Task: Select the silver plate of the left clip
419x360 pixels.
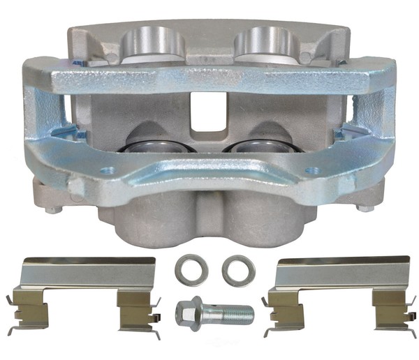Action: [x=87, y=273]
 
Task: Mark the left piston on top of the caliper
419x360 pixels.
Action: [x=154, y=42]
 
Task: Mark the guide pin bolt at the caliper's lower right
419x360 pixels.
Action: [x=362, y=207]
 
